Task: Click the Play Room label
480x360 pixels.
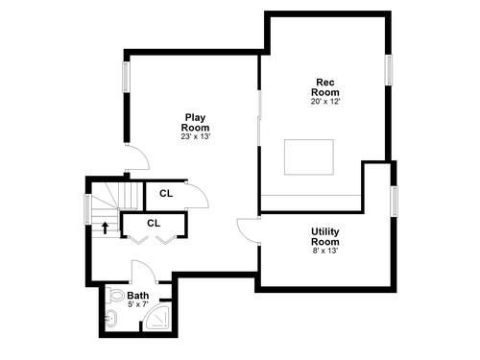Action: pos(196,123)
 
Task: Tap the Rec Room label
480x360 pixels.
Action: pos(325,87)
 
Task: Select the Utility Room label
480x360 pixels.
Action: pos(325,236)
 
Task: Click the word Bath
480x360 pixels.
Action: pos(138,295)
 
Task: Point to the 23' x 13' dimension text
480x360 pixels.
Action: pos(196,136)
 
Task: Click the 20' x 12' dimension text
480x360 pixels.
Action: pos(325,102)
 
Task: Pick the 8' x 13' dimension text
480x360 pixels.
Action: pos(325,251)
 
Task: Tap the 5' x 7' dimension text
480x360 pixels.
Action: pos(138,304)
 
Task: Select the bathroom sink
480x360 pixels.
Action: pos(111,319)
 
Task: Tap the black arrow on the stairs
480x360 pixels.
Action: pos(106,228)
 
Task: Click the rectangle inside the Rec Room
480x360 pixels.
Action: pos(309,157)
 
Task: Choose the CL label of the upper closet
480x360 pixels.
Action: pos(166,194)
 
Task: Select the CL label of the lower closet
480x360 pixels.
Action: pos(154,223)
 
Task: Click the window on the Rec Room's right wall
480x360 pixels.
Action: pos(389,70)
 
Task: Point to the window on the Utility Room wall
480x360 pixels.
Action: pos(395,201)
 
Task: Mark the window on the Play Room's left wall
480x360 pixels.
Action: pos(127,77)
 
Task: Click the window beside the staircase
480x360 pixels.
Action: pos(87,209)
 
